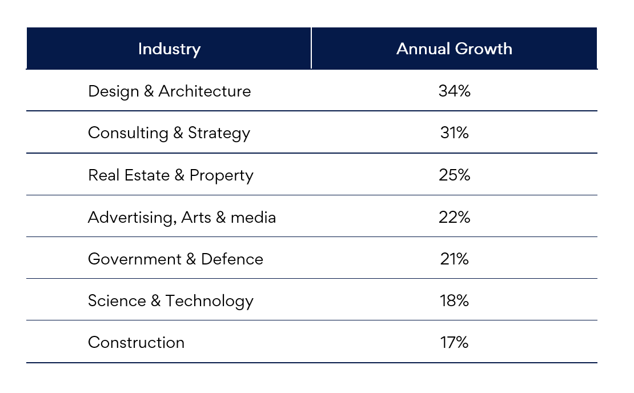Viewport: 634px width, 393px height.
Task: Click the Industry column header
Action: tap(169, 49)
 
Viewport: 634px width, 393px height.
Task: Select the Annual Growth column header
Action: tap(454, 49)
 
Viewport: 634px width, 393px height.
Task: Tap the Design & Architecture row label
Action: tap(169, 91)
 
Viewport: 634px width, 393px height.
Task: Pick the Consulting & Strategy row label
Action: tap(169, 133)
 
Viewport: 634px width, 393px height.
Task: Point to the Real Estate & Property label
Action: tap(170, 175)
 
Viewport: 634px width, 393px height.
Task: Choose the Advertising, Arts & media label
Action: tap(182, 217)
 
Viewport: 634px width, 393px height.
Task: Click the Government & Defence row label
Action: tap(175, 259)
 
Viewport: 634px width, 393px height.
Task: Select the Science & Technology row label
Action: tap(170, 301)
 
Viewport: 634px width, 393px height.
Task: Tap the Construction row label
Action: tap(136, 342)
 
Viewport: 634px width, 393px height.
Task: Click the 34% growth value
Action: tap(454, 91)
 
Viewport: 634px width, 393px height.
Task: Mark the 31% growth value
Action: tap(454, 133)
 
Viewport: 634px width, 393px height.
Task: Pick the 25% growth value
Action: tap(454, 175)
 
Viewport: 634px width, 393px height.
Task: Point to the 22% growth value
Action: tap(454, 217)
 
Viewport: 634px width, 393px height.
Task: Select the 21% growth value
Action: tap(454, 259)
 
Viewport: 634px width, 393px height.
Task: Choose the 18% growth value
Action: tap(454, 301)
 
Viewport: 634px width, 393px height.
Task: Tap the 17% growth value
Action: tap(454, 342)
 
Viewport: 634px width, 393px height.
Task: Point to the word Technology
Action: tap(210, 301)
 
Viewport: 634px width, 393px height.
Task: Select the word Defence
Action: tap(232, 259)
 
